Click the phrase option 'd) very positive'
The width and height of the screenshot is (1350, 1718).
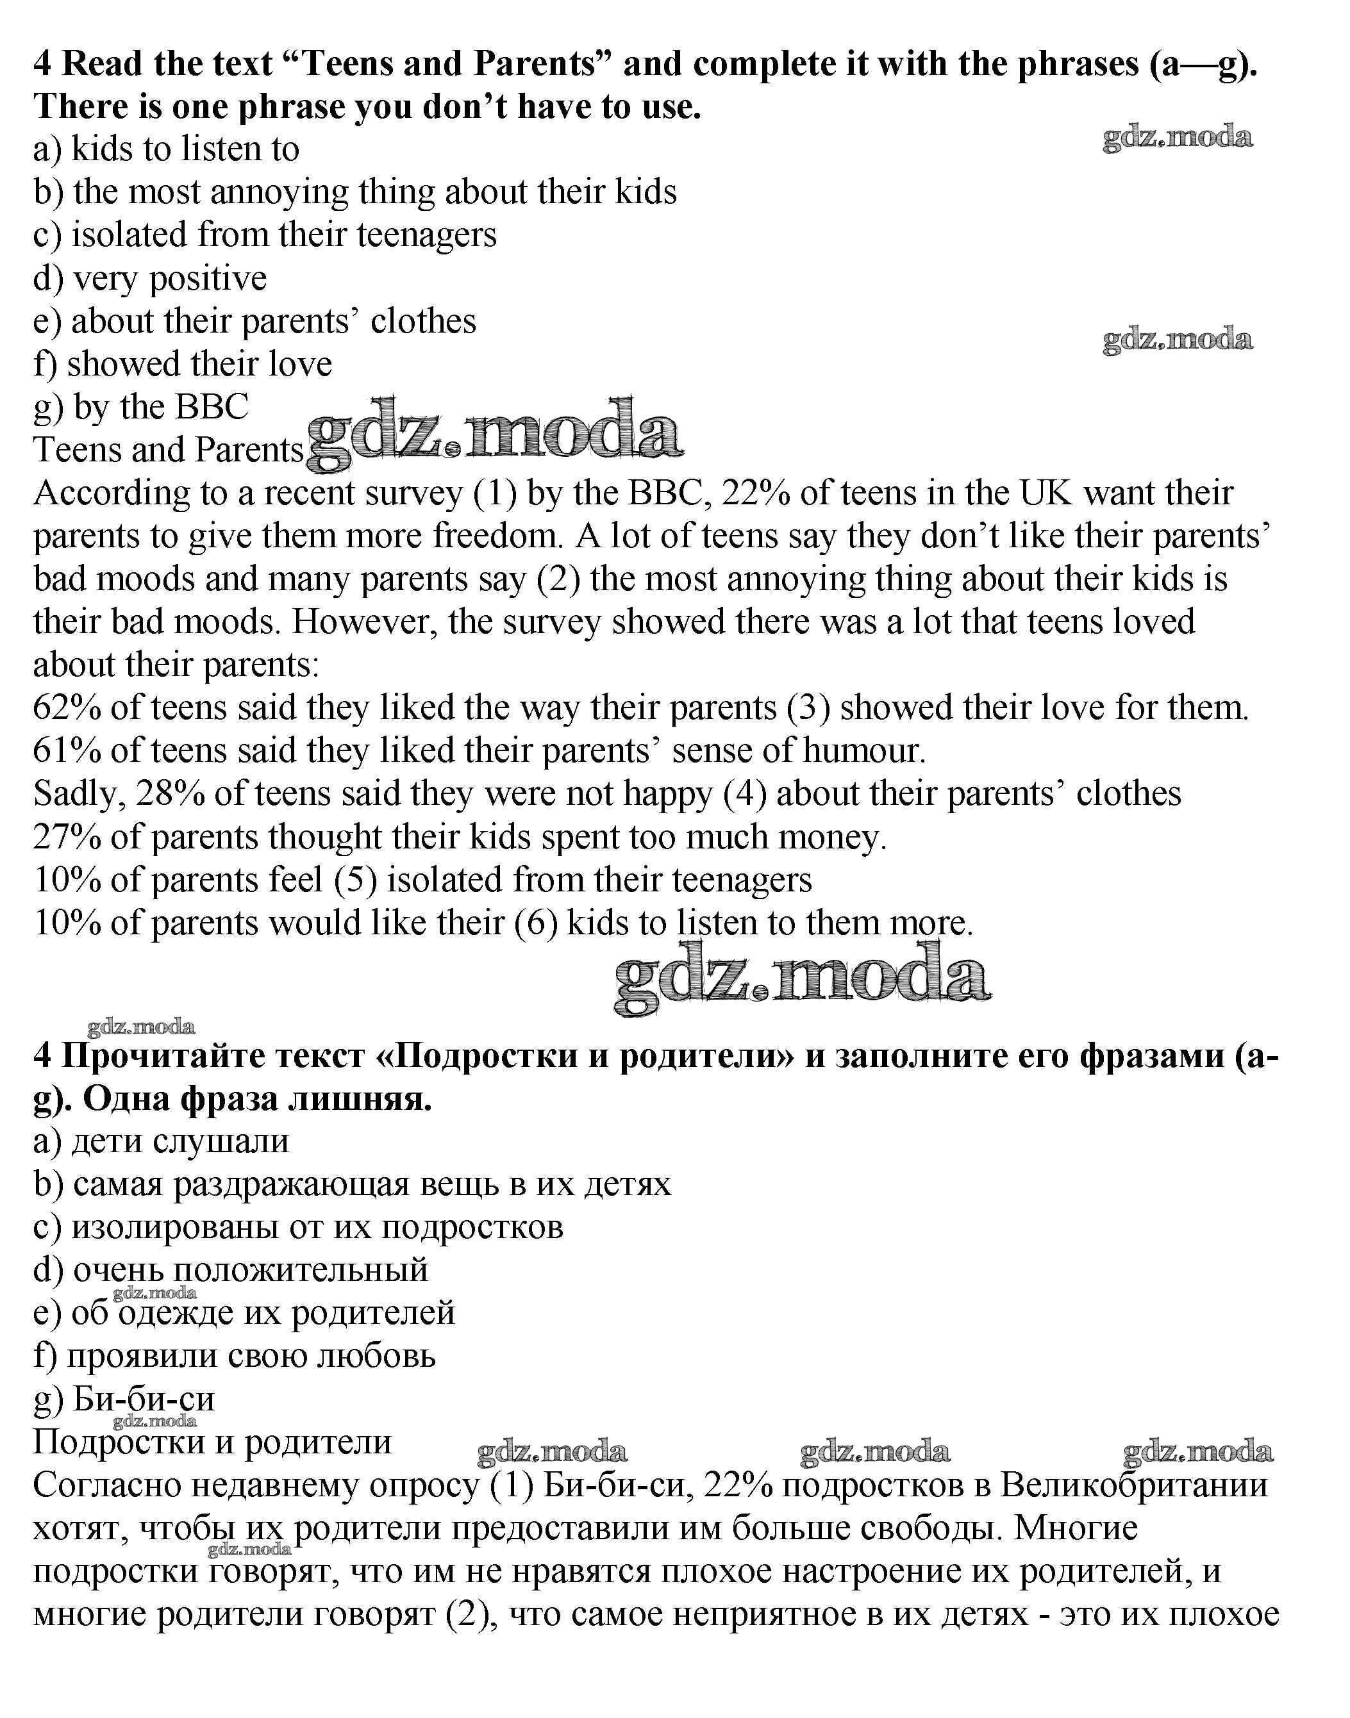(x=150, y=279)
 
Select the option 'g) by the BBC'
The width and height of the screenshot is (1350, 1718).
(x=140, y=408)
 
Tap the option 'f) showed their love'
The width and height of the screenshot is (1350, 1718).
(x=183, y=365)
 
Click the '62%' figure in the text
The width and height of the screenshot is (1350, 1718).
(x=67, y=708)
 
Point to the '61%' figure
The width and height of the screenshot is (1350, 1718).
(x=67, y=751)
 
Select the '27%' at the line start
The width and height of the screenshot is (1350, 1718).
(x=67, y=838)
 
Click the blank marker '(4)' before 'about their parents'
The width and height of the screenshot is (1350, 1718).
(x=745, y=794)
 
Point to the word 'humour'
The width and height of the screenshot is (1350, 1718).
(x=862, y=751)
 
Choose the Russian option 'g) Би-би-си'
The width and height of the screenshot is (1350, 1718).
(x=124, y=1400)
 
